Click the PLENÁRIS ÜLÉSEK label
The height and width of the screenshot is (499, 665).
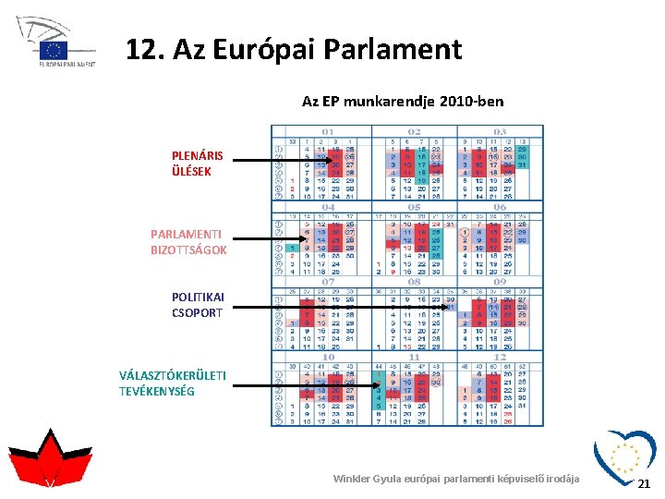point(197,164)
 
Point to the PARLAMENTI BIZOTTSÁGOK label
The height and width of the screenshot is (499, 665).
point(188,242)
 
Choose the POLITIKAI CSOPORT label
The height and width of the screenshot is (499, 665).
point(198,304)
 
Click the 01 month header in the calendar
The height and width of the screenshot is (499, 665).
point(328,132)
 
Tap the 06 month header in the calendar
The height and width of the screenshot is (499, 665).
point(500,207)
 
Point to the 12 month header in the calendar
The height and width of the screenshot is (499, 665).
point(500,357)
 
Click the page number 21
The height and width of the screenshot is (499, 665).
point(645,483)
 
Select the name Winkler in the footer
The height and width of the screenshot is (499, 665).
point(354,479)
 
